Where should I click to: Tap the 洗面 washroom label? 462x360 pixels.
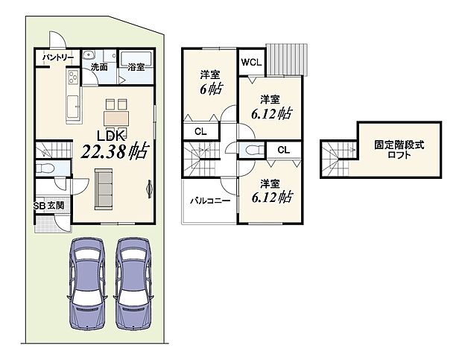coord(99,67)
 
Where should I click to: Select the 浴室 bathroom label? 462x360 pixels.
coord(136,67)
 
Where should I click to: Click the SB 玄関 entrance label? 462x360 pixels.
coord(48,206)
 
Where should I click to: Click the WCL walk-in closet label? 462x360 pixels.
coord(250,63)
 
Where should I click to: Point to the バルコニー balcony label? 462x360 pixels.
coord(209,201)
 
